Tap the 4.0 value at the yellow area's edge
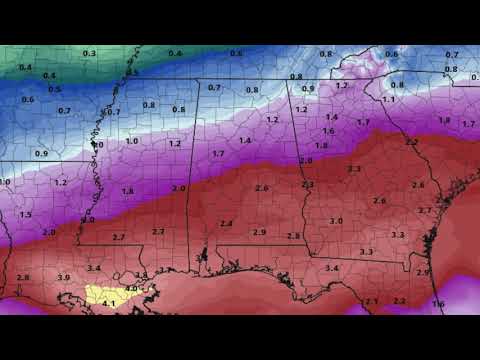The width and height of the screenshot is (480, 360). [130, 289]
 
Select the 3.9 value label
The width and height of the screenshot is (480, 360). [63, 277]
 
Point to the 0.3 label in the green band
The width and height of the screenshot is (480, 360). [89, 53]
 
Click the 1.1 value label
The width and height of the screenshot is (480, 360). [388, 100]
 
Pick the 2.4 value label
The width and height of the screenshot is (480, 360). [226, 223]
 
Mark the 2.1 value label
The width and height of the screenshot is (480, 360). [371, 301]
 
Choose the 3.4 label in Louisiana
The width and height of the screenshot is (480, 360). [94, 269]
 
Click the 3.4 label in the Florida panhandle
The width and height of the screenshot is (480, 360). [331, 268]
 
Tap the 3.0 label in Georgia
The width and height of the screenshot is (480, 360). [336, 221]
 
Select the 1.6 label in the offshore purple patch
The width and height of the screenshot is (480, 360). [438, 303]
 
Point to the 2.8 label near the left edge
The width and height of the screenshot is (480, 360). [23, 277]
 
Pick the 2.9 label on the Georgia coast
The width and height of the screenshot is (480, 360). [422, 272]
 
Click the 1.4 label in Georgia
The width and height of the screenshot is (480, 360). [332, 117]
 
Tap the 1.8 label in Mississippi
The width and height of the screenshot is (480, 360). [127, 191]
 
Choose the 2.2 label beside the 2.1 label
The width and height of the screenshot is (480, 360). [399, 301]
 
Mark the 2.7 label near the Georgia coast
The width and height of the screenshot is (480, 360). [425, 210]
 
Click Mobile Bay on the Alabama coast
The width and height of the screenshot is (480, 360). [203, 257]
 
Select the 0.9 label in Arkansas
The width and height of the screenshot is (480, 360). [41, 153]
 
